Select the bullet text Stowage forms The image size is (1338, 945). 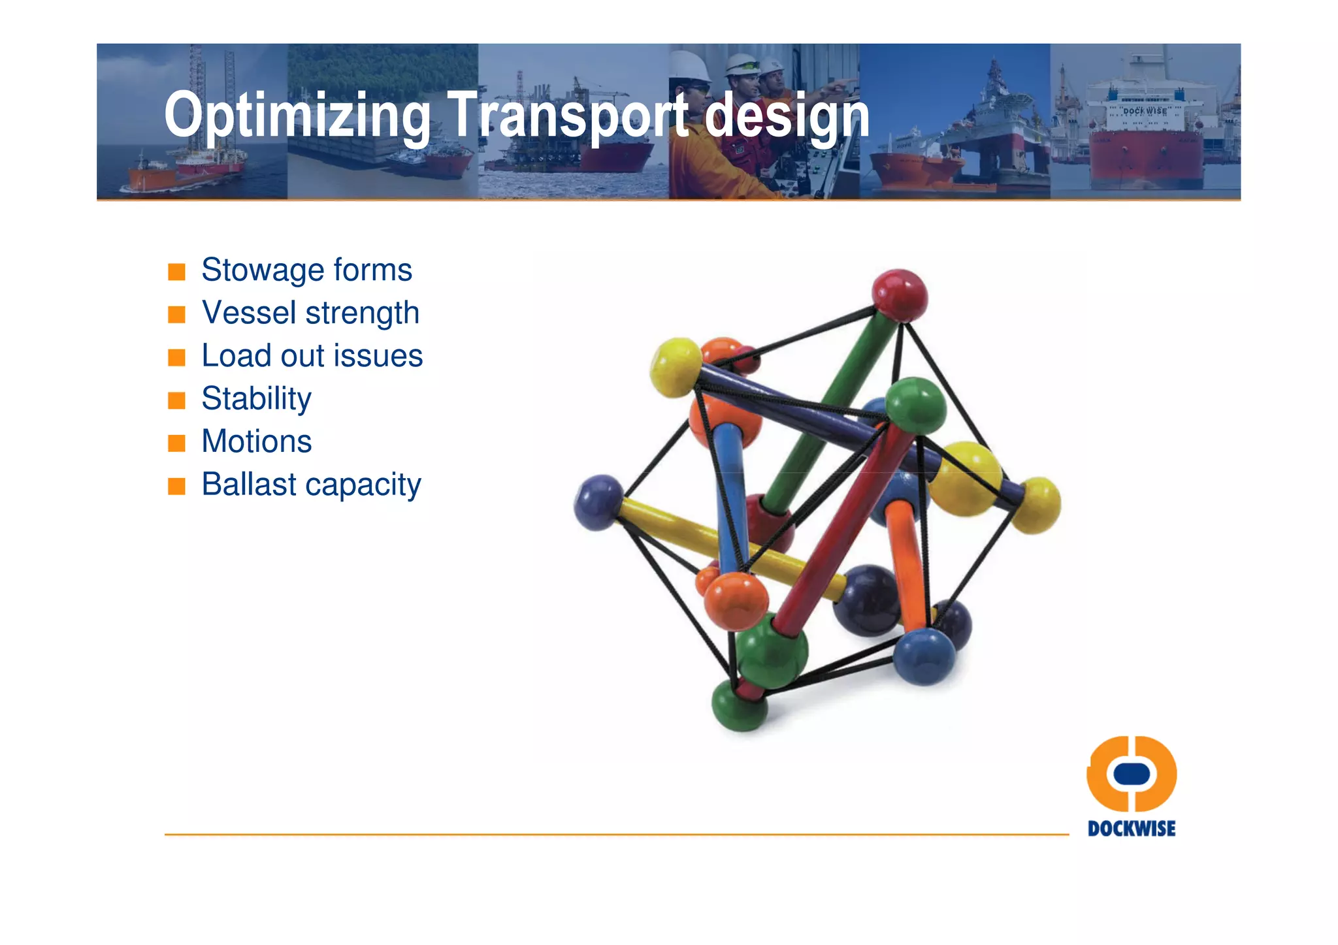point(306,270)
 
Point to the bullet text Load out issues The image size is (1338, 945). point(312,356)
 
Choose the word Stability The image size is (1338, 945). point(256,398)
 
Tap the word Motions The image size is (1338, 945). point(256,441)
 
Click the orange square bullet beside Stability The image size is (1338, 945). point(176,400)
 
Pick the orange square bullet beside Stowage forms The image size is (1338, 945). point(176,271)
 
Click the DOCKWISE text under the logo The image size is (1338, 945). point(1131,829)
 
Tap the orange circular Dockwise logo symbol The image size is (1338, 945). point(1131,773)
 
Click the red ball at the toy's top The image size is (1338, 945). point(900,295)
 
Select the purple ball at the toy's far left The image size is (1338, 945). point(598,502)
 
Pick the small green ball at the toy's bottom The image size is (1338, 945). point(739,706)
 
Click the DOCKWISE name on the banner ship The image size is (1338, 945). point(1145,111)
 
